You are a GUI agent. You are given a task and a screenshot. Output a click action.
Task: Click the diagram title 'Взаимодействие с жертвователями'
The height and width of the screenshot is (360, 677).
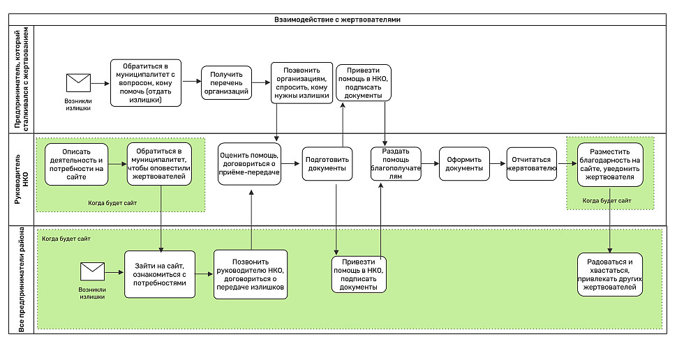pos(337,20)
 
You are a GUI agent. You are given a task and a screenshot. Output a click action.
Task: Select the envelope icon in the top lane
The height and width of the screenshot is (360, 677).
pos(78,83)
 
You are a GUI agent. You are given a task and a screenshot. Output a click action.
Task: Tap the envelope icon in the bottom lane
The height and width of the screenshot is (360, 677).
pos(92,271)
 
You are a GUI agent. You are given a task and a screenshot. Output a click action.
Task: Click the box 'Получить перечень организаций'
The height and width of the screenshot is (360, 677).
pos(226,83)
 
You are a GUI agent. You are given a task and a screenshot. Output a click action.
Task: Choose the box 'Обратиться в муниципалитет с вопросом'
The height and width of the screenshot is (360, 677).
pos(145,83)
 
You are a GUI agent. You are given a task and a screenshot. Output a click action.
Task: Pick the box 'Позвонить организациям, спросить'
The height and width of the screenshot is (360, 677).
pos(302,83)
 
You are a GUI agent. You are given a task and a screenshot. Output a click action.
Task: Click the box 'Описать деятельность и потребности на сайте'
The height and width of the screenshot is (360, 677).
pos(76,165)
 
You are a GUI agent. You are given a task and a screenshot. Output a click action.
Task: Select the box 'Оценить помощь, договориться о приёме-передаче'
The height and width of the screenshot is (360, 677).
pos(249,164)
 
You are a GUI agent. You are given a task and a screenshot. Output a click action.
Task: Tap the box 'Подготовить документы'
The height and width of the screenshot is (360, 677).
pos(327,163)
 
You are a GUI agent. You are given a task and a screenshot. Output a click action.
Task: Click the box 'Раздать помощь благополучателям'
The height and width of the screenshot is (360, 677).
pos(396,163)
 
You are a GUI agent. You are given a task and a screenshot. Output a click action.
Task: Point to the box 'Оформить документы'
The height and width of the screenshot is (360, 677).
pos(464,163)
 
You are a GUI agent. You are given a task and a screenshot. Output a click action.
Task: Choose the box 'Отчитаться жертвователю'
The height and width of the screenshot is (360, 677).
pos(531,163)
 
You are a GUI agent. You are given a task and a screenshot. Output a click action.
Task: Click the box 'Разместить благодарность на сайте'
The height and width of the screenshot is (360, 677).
pos(609,165)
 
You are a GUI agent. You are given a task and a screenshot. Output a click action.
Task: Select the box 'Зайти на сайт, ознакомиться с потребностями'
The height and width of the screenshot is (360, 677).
pos(160,274)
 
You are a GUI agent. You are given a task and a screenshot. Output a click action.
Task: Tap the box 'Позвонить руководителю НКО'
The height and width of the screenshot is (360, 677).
pos(251,274)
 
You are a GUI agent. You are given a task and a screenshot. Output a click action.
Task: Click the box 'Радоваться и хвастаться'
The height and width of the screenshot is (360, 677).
pos(609,274)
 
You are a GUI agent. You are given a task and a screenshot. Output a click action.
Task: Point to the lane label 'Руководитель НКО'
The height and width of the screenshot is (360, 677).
pos(21,179)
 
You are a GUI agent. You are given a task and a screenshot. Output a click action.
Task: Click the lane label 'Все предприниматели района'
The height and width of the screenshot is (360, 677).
pos(22,280)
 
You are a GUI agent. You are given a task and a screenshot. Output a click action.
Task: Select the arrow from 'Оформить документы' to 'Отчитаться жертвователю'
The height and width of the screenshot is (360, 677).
pos(498,163)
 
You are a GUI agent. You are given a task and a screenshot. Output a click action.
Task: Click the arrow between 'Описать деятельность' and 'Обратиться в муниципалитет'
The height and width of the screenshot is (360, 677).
pos(117,164)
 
